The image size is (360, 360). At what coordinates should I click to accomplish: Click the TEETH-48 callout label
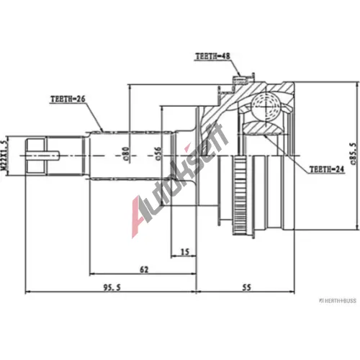[213, 56]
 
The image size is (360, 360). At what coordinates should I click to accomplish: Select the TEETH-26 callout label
[68, 99]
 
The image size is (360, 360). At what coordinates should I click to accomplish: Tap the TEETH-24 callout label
[327, 169]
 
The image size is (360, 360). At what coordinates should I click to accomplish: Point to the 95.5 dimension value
[112, 287]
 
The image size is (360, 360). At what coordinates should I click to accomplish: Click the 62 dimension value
[144, 269]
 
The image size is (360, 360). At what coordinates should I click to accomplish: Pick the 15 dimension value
[185, 252]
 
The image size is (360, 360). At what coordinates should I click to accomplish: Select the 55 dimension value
[246, 287]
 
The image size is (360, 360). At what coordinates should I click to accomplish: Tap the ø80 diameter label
[126, 153]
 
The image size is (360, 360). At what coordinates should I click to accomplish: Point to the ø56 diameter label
[158, 153]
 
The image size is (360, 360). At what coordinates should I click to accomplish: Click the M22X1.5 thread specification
[4, 156]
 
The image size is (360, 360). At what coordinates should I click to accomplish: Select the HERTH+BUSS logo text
[338, 300]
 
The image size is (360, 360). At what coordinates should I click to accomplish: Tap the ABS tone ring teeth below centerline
[239, 195]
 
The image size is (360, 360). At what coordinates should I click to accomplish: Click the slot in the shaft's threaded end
[42, 156]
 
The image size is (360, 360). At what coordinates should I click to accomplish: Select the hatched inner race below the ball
[263, 128]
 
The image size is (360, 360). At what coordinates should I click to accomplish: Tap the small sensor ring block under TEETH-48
[240, 80]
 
